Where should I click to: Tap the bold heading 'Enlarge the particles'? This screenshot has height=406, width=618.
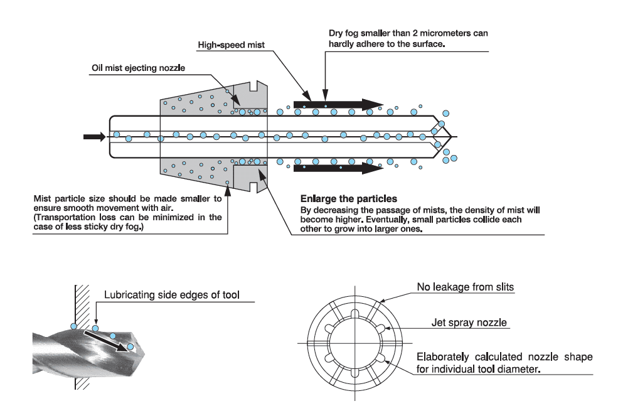click(x=348, y=199)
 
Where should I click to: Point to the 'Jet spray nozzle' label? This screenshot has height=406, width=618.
click(x=469, y=324)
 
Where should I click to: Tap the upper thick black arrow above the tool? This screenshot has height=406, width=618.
click(x=338, y=104)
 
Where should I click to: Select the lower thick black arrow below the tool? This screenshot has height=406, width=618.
click(x=338, y=168)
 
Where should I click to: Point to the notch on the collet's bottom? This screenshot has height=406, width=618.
click(x=253, y=186)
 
